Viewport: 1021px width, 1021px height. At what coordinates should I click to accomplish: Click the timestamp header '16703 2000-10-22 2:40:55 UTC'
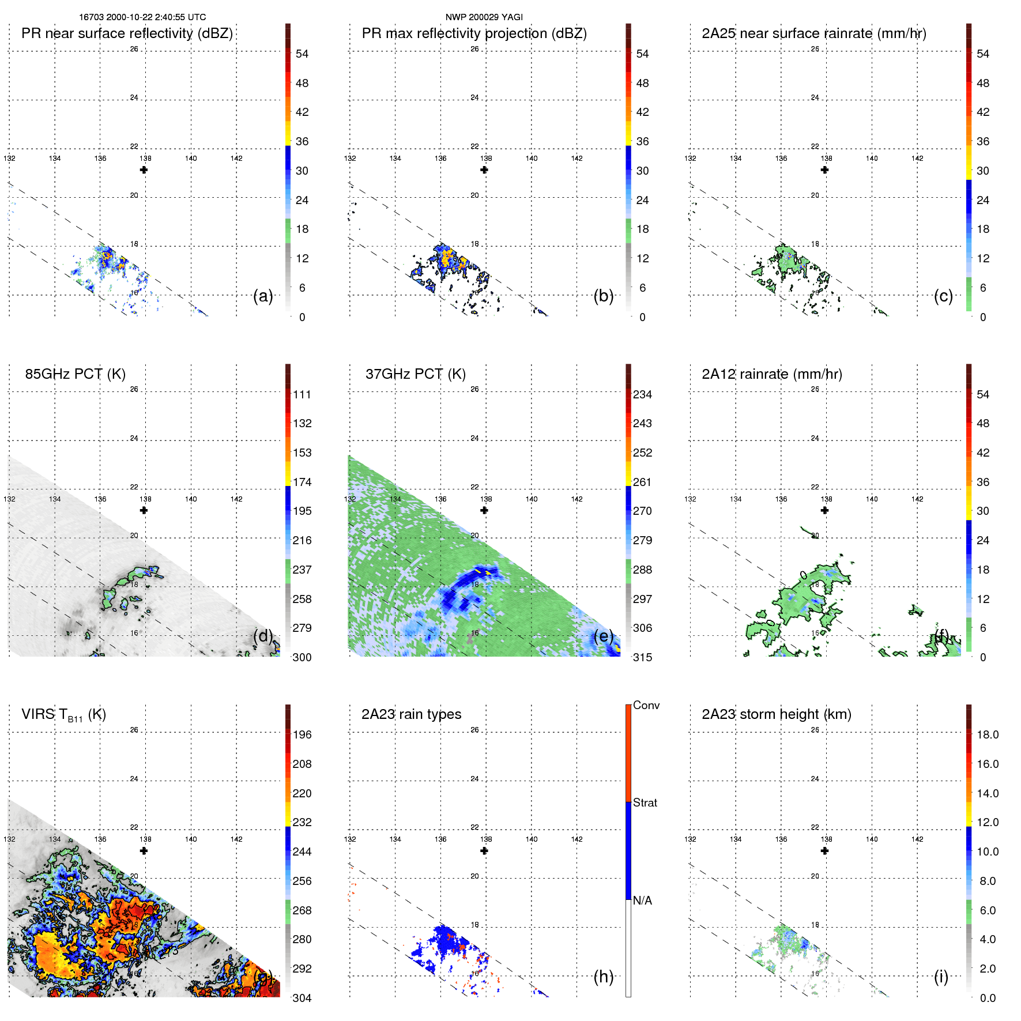142,17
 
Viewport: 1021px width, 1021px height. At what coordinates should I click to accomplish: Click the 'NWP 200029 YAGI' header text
484,17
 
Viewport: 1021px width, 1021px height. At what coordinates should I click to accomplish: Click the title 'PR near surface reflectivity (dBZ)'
127,33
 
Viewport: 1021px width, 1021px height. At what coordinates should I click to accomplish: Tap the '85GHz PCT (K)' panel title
75,374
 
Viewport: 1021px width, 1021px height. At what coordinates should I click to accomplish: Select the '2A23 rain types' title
411,714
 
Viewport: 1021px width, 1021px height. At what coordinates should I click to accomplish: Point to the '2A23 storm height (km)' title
776,714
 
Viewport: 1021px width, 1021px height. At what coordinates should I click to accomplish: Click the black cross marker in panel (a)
144,170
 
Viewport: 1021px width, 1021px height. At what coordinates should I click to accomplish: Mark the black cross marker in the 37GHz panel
484,510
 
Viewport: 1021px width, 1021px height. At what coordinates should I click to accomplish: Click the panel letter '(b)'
603,296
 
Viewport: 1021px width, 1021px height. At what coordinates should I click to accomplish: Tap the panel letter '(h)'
603,977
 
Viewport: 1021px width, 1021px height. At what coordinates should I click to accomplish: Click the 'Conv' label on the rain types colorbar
646,705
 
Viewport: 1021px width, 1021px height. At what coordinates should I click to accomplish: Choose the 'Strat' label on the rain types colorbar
645,803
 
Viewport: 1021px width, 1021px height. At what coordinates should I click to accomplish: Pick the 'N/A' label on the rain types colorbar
642,901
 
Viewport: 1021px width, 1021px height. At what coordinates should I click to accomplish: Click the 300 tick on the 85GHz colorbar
302,657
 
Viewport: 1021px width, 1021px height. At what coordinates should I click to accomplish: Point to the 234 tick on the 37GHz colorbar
642,394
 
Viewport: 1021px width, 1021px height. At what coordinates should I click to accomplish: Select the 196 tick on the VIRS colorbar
302,734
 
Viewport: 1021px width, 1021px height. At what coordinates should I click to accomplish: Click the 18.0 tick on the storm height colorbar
988,734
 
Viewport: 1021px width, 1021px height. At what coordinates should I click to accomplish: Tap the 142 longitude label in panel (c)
917,159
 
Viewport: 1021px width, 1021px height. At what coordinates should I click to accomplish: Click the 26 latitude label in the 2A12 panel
815,389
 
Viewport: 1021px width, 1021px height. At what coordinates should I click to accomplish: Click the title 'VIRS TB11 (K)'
63,715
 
